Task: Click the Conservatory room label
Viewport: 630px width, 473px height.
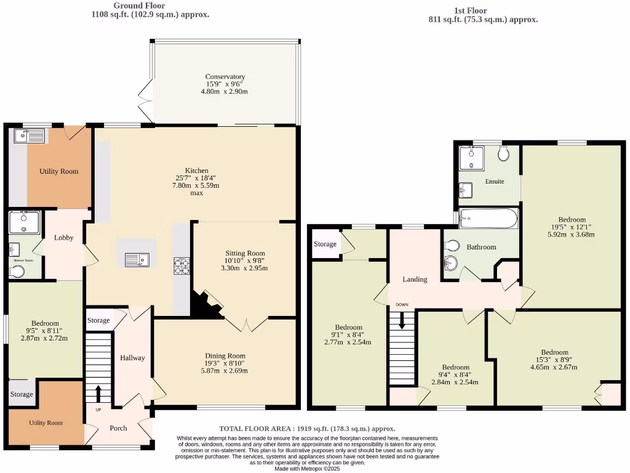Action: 225,77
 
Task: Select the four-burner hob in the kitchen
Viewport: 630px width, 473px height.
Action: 182,266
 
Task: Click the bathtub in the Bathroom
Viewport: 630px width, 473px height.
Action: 489,217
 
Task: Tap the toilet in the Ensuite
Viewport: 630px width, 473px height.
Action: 504,153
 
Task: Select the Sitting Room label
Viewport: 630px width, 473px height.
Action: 244,253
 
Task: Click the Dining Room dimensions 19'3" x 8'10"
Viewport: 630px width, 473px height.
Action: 225,363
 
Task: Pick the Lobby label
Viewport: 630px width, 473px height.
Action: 64,238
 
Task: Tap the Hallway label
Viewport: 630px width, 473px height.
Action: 132,358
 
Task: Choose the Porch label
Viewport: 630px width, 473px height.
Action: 118,428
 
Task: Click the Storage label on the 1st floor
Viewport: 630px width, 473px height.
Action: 325,244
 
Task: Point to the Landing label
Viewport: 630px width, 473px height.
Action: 415,279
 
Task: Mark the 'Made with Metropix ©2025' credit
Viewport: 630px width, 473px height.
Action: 307,469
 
